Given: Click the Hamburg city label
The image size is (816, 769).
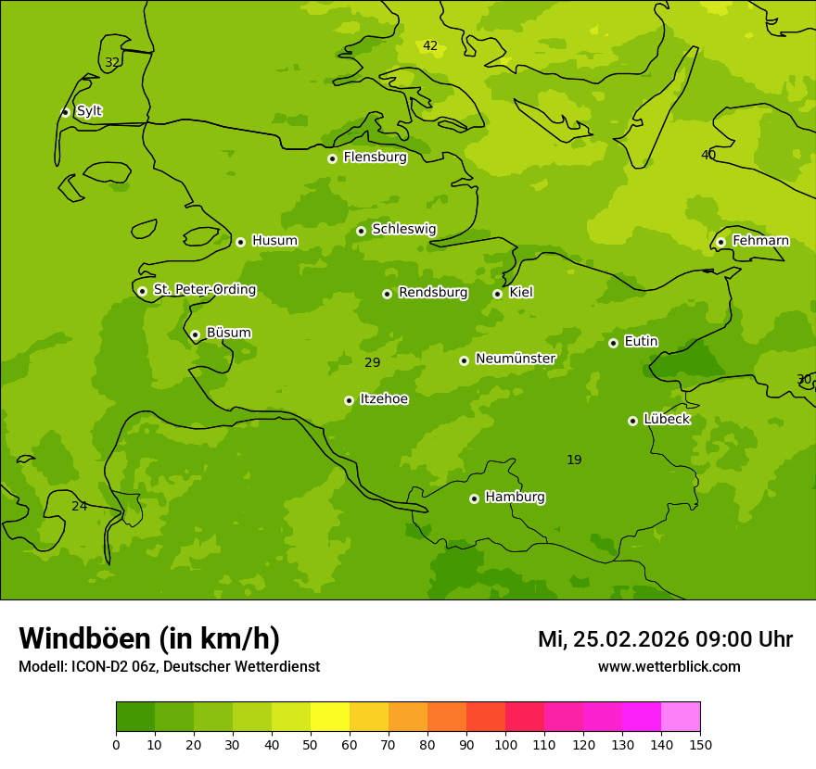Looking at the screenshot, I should pos(515,498).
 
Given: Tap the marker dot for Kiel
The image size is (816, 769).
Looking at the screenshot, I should pos(497,294).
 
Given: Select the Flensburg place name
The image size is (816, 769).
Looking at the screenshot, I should pos(375,158).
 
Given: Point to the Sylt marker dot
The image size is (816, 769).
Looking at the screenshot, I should pos(65,112).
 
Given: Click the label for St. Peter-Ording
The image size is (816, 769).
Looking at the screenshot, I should pos(204,290).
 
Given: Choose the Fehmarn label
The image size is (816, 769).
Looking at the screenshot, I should pos(760,241).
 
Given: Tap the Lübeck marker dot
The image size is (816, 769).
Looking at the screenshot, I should pos(632,421).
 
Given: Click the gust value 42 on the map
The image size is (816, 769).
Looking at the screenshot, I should pos(430,46).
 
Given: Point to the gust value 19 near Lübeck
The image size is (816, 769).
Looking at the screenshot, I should pos(574,460).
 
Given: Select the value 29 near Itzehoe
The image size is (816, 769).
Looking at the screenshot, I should pos(372,363).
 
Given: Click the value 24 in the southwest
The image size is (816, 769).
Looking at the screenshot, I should pos(80,507).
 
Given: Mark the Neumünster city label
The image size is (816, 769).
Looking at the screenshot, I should pos(515,359).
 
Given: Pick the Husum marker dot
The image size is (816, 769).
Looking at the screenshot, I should pos(240,242).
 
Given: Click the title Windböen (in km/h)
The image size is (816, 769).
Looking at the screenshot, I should pos(149,638).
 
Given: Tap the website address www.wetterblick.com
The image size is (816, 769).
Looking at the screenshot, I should pos(669,667).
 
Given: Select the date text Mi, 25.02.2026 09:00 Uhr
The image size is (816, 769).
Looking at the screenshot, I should pos(665,639).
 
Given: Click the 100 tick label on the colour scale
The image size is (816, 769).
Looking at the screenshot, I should pos(505,744).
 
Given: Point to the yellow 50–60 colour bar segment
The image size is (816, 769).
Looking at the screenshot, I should pos(330,717).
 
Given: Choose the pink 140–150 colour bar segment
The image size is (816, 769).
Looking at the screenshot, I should pos(681,717).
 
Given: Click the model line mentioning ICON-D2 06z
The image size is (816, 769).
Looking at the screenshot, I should pos(169,667).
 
